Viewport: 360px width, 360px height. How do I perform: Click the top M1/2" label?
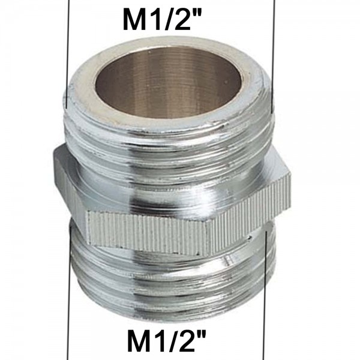point(162,20)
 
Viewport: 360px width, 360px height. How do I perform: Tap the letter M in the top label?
point(135,20)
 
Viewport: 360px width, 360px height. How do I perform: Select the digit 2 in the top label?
point(182,20)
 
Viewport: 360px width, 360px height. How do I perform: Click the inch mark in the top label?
point(197,13)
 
